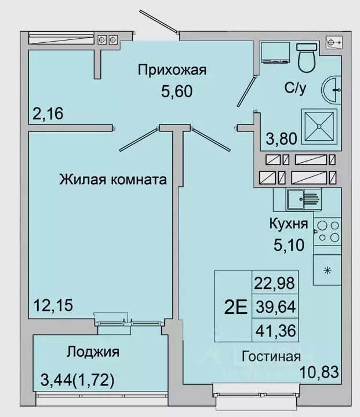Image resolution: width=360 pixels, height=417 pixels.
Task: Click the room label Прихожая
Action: pos(172,71)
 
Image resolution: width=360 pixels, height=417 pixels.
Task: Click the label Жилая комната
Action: pos(113,180)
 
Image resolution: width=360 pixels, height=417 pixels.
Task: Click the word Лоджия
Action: pos(93,352)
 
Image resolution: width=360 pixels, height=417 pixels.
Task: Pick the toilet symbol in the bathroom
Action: pos(305,57)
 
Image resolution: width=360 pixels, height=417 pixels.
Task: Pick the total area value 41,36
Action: pos(275,332)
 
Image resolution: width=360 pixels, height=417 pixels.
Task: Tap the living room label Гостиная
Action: pos(271,356)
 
